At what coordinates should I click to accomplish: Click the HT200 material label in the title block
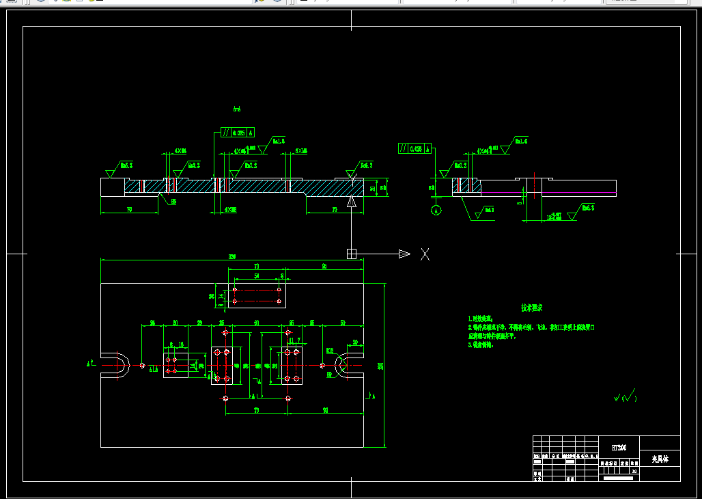[618, 447]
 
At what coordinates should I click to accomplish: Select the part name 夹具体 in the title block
[660, 459]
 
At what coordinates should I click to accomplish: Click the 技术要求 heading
[532, 308]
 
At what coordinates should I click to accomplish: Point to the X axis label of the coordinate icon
[425, 254]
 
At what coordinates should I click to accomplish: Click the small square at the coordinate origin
[352, 254]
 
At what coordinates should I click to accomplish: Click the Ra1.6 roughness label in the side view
[522, 141]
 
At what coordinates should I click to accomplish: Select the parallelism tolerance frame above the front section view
[238, 133]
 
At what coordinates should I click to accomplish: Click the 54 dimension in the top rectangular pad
[257, 276]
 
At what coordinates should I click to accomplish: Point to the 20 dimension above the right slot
[355, 342]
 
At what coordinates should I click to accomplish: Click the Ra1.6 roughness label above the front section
[278, 141]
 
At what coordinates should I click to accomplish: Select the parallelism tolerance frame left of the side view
[415, 148]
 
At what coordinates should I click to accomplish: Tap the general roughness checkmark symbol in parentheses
[625, 396]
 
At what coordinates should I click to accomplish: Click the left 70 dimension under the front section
[129, 209]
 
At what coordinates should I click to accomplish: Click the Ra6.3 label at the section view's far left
[126, 165]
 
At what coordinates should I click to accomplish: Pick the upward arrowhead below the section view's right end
[352, 201]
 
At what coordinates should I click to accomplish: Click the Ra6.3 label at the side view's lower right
[587, 207]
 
